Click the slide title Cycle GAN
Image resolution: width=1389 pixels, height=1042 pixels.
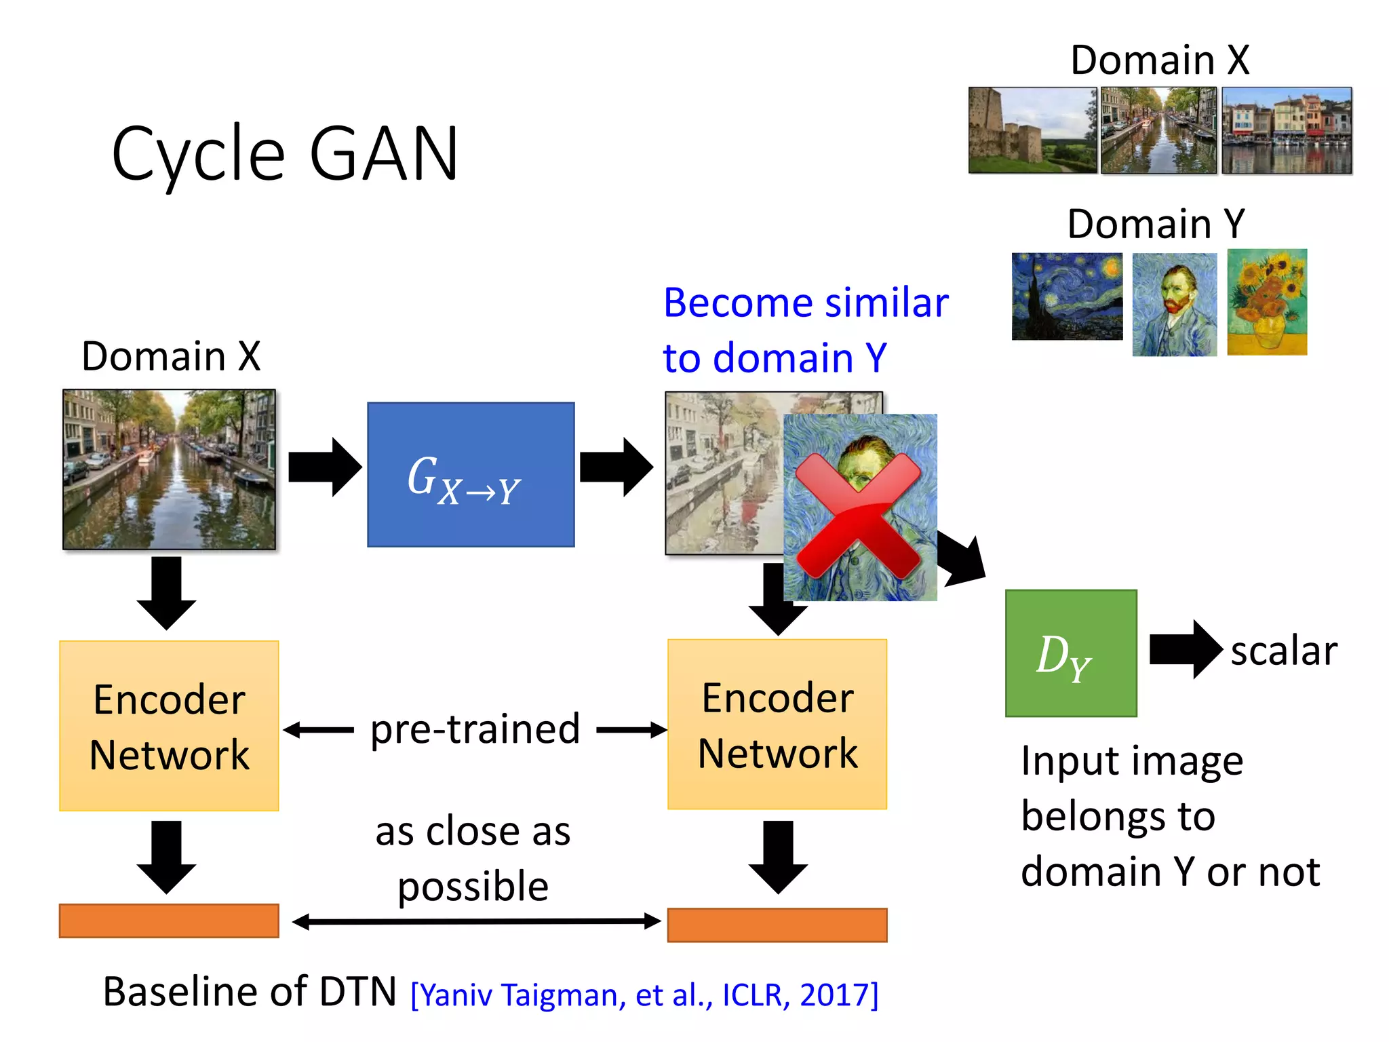click(x=285, y=155)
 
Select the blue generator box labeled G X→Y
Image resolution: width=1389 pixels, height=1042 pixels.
click(x=471, y=475)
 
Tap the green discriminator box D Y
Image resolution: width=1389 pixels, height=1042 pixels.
click(x=1071, y=653)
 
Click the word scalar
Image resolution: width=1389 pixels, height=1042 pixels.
click(x=1283, y=651)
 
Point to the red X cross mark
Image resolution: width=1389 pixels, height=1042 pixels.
click(x=858, y=516)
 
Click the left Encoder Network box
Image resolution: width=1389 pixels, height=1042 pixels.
click(x=169, y=726)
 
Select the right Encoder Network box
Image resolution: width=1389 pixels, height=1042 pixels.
click(x=777, y=725)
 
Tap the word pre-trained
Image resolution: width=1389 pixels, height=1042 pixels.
click(x=475, y=730)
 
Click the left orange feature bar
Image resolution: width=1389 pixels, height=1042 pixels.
click(x=169, y=921)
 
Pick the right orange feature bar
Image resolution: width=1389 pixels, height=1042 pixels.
click(x=777, y=925)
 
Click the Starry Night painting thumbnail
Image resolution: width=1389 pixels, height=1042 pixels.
click(x=1067, y=296)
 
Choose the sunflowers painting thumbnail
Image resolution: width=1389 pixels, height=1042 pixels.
click(x=1267, y=302)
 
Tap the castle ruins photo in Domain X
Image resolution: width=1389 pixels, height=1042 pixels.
click(x=1032, y=130)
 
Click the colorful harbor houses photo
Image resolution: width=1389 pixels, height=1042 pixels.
click(x=1287, y=130)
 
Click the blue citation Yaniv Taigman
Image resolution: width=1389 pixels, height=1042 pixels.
click(x=644, y=995)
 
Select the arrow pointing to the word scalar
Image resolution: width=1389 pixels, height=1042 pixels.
click(x=1186, y=649)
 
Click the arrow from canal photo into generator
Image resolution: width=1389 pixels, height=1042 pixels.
click(x=324, y=467)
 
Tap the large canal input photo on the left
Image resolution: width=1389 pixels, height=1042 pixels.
click(x=169, y=469)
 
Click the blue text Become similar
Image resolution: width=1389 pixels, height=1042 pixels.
click(x=806, y=303)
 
